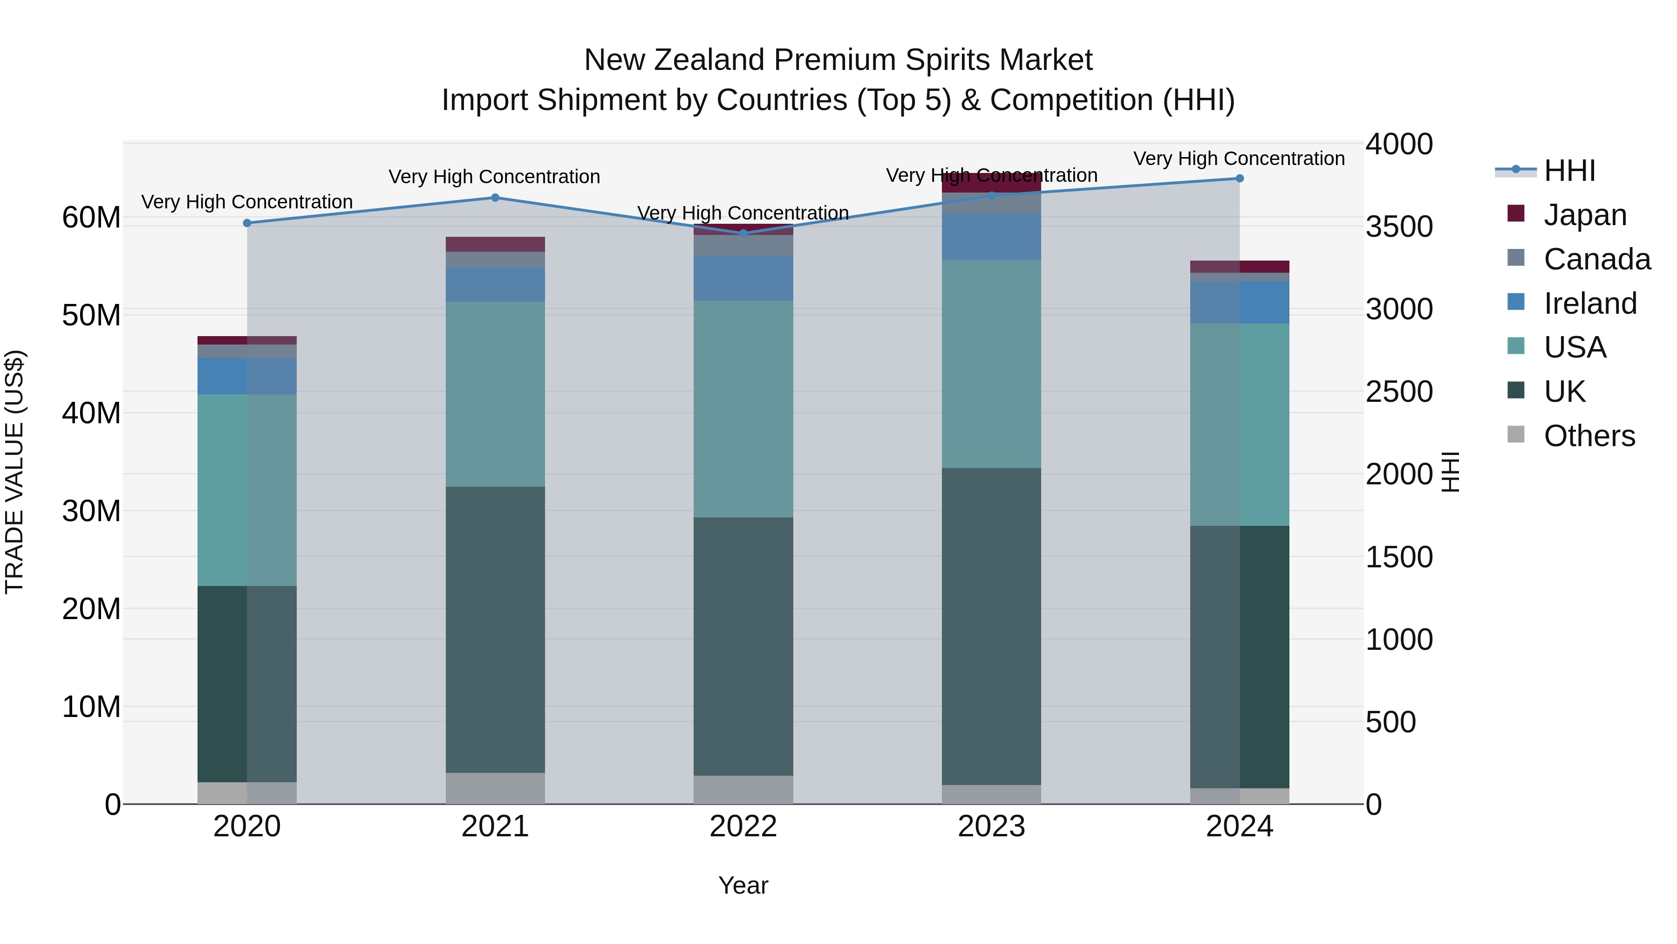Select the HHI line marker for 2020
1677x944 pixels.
(247, 223)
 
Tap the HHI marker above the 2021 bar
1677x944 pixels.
(495, 197)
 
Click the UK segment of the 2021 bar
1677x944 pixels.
(495, 629)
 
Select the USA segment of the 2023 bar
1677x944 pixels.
(991, 364)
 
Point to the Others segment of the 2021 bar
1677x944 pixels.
(495, 788)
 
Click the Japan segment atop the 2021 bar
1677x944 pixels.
(495, 244)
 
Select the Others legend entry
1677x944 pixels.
(1588, 435)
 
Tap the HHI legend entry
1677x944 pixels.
(1569, 171)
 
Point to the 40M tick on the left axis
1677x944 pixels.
(91, 413)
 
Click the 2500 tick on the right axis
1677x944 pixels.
(1398, 392)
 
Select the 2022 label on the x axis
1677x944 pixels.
(743, 826)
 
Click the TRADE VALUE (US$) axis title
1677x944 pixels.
(14, 472)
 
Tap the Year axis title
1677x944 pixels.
(743, 885)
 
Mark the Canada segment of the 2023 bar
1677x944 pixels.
(991, 203)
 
